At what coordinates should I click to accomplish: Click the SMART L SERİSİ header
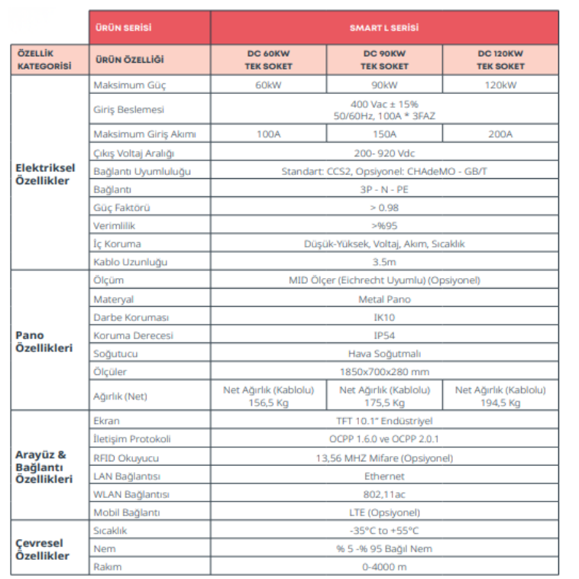(x=384, y=28)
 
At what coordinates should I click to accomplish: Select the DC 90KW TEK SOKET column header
(x=384, y=60)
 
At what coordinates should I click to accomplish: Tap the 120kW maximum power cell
(x=500, y=85)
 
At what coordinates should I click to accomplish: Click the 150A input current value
(x=384, y=134)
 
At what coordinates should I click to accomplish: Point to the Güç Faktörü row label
(x=121, y=208)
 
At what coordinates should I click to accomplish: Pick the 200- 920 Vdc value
(x=384, y=153)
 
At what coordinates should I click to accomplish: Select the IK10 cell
(x=384, y=317)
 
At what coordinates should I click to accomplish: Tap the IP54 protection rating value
(x=384, y=335)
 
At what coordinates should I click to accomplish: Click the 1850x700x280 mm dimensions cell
(x=384, y=372)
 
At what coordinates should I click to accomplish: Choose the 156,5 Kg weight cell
(x=268, y=396)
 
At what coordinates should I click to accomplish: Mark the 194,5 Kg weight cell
(x=500, y=396)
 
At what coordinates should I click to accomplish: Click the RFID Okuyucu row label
(x=126, y=458)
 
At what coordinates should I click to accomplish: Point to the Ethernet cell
(x=384, y=476)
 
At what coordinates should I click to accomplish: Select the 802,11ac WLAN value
(x=384, y=494)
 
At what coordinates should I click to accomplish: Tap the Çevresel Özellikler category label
(x=43, y=549)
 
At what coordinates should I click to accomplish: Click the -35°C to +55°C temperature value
(x=384, y=531)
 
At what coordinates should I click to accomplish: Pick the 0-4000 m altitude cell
(x=384, y=568)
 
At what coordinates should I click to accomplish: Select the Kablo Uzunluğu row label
(x=130, y=262)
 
